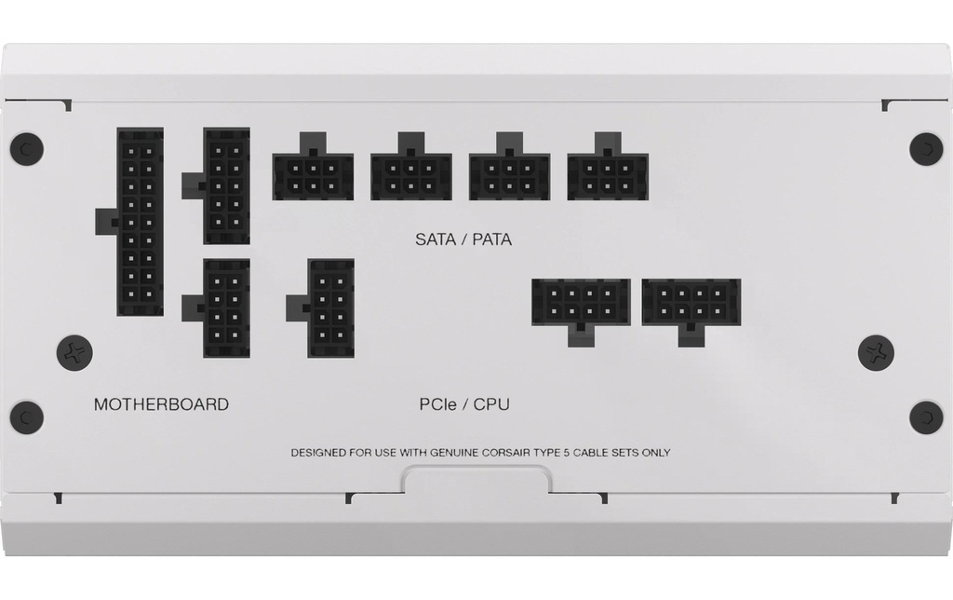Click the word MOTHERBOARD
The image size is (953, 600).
pos(161,404)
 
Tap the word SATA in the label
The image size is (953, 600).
pos(436,239)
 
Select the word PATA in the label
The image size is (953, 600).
pos(491,239)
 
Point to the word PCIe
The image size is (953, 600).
pos(437,404)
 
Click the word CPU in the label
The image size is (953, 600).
pos(491,404)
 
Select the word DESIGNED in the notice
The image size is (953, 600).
pos(320,453)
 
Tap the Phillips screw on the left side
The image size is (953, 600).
pos(74,352)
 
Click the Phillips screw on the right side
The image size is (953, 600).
pos(876,352)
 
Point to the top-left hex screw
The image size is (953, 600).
pos(27,148)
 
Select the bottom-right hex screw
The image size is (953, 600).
pos(926,416)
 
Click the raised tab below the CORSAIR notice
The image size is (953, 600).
pos(476,479)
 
